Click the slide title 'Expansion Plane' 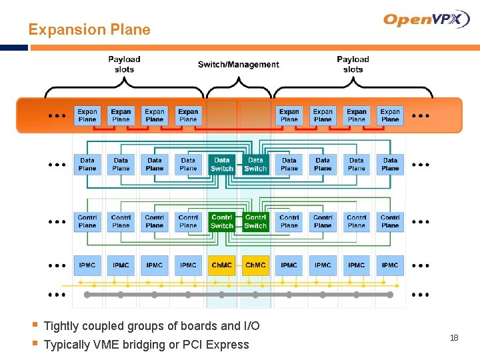click(x=89, y=30)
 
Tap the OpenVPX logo click(x=427, y=19)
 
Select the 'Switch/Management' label click(x=238, y=65)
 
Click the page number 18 click(x=454, y=338)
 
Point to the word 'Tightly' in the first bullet click(x=61, y=326)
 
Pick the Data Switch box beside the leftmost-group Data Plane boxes click(x=221, y=165)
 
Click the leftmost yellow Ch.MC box click(x=221, y=265)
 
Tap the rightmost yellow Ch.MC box click(x=255, y=265)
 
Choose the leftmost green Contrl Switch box click(x=221, y=222)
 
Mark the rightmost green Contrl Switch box click(x=255, y=222)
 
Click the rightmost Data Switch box click(x=255, y=165)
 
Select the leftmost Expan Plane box click(x=87, y=115)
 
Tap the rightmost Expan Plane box click(x=390, y=115)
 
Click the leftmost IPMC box click(x=87, y=265)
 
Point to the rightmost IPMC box click(x=390, y=265)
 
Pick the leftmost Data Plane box click(x=87, y=165)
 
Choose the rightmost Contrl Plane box click(x=390, y=222)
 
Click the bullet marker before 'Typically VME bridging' click(x=34, y=344)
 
